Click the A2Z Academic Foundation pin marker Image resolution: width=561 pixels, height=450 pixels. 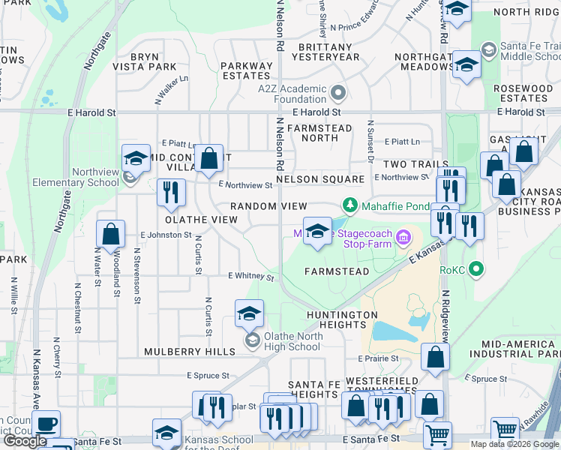click(338, 94)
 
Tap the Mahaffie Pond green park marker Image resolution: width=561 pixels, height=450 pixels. click(349, 205)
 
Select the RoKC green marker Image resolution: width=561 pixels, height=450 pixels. click(475, 269)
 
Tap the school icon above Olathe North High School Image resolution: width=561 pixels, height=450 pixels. click(250, 315)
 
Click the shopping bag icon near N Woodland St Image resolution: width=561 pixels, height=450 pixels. click(111, 235)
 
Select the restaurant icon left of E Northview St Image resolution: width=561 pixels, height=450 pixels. click(171, 193)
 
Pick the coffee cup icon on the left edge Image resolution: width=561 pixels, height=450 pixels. click(46, 424)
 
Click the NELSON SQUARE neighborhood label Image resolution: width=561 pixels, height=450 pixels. click(320, 180)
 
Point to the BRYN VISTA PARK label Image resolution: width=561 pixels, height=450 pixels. click(153, 61)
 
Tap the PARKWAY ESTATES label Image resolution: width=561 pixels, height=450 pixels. click(246, 70)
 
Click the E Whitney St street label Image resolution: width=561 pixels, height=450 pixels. click(250, 276)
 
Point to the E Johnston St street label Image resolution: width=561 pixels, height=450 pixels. click(166, 235)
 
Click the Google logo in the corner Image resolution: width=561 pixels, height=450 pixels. click(25, 441)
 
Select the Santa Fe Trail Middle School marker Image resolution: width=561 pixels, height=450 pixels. click(489, 49)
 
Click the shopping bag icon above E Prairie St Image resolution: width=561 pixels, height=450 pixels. click(435, 358)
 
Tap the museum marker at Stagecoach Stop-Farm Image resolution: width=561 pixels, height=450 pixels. click(404, 238)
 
